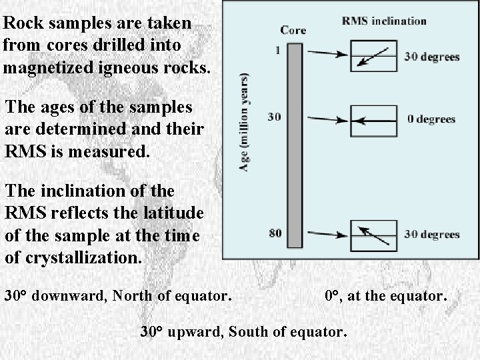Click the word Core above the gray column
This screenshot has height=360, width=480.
click(x=293, y=30)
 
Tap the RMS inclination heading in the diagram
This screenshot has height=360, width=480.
click(x=383, y=21)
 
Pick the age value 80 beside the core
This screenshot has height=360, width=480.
click(x=274, y=233)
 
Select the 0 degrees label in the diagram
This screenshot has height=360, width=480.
click(x=431, y=120)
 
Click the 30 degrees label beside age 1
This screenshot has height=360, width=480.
click(x=432, y=57)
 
